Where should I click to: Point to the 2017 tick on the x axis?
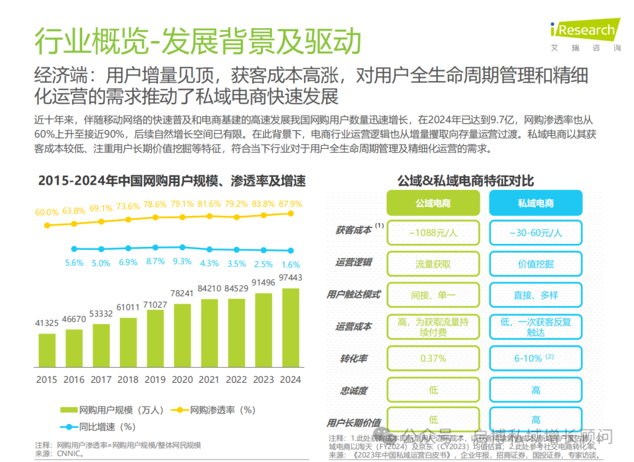(x=101, y=379)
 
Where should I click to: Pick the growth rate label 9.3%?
(x=183, y=261)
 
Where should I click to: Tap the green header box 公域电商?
(x=433, y=203)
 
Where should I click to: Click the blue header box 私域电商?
(x=535, y=203)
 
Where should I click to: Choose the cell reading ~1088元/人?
(x=433, y=233)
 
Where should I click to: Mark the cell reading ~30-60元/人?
(x=535, y=233)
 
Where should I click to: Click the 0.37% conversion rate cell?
(x=433, y=358)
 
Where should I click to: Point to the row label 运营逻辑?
(x=353, y=262)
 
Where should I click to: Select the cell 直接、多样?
(x=535, y=295)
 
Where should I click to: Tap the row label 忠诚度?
(x=355, y=390)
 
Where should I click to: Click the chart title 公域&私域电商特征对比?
(x=465, y=181)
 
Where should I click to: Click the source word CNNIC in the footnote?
(x=70, y=453)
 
